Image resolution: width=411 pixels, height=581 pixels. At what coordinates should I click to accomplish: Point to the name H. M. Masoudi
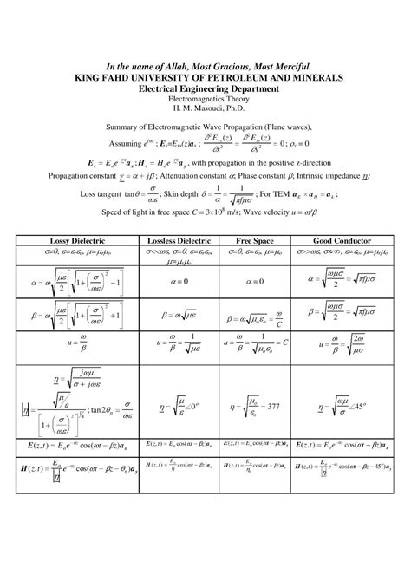tap(205, 109)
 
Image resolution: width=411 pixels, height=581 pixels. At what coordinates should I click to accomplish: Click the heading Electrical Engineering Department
tap(205, 88)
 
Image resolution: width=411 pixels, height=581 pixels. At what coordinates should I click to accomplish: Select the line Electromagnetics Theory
tap(205, 100)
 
